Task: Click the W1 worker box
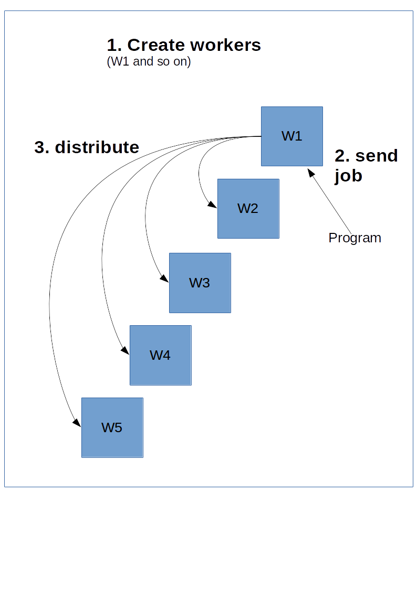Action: point(292,136)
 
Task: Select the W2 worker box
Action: point(248,208)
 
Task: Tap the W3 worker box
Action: point(200,283)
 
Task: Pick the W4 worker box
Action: point(160,355)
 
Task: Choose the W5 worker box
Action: point(112,427)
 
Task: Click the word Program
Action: point(355,238)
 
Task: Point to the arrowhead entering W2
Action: point(213,206)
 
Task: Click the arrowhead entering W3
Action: point(164,280)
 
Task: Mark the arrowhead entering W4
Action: point(126,351)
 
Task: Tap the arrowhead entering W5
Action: point(77,424)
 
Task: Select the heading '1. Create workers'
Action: point(184,45)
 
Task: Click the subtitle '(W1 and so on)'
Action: point(149,61)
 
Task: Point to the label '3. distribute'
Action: point(87,147)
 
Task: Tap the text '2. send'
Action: point(366,156)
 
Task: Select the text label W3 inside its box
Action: point(200,283)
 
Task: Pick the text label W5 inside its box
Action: point(112,427)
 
